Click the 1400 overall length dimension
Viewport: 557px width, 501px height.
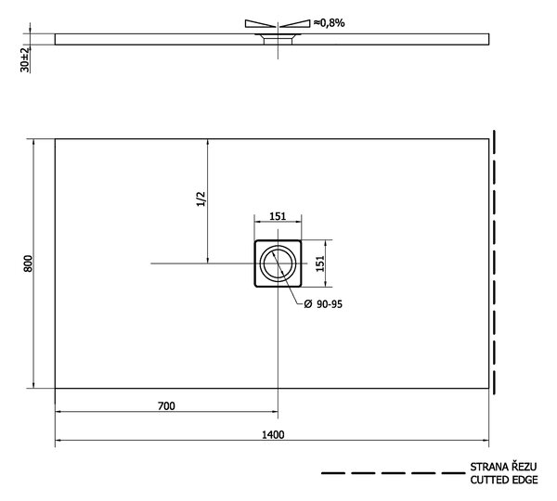point(273,434)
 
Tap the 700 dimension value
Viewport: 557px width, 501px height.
point(166,405)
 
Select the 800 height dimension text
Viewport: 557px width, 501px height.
point(28,263)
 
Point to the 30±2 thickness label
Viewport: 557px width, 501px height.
point(25,59)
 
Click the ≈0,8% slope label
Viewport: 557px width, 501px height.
point(329,23)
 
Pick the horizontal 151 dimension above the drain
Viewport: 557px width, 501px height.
point(278,216)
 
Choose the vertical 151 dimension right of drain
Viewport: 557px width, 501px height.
point(320,263)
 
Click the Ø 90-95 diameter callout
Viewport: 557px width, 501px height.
point(323,304)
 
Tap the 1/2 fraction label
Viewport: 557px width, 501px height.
point(201,199)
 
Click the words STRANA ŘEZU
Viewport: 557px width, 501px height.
point(503,467)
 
